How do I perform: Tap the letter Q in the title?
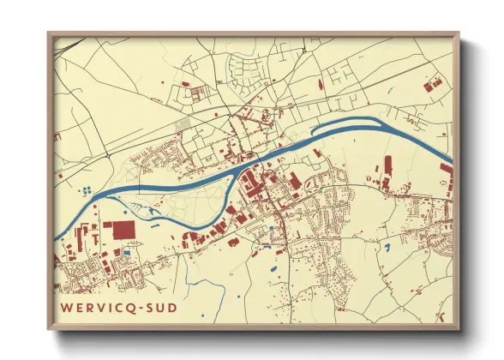(x=130, y=305)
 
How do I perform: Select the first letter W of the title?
(x=65, y=305)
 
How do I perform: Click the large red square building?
(x=119, y=231)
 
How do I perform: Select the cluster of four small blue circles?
(x=85, y=190)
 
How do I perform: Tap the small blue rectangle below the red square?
(x=127, y=252)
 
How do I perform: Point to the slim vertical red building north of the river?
(x=387, y=165)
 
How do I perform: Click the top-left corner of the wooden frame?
(x=48, y=33)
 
